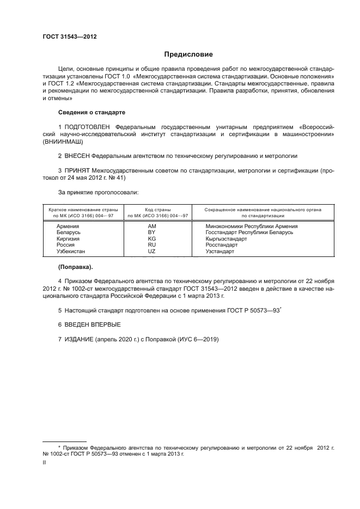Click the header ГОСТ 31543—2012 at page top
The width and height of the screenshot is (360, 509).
[70, 37]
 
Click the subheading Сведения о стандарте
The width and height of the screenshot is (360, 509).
[91, 112]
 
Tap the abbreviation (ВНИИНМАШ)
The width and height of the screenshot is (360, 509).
[63, 140]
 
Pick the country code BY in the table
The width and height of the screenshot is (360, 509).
[152, 232]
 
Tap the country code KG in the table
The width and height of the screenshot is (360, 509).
[152, 238]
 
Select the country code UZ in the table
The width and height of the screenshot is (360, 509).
[152, 252]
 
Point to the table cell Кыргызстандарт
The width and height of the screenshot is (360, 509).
[227, 238]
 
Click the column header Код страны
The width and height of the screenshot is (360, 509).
[158, 209]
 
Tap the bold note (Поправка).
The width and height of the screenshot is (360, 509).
[75, 267]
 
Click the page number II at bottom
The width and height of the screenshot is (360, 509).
[44, 462]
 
